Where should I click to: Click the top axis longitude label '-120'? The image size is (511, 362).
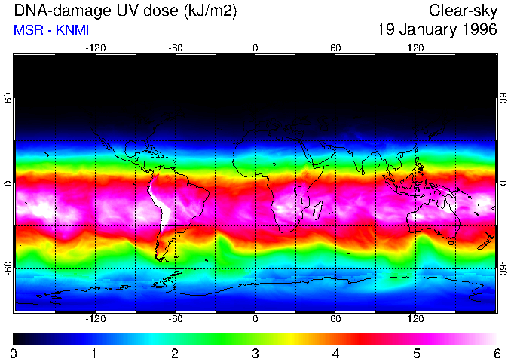coord(95,48)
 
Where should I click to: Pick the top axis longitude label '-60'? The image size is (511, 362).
coord(175,48)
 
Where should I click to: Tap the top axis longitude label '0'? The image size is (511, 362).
coord(255,48)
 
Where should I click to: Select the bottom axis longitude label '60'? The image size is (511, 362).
coord(335,319)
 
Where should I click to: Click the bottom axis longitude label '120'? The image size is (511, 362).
coord(415,319)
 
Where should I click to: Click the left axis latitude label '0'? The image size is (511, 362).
coord(8,183)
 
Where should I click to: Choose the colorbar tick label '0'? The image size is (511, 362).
coord(14,353)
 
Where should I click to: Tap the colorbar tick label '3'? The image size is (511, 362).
coord(255,353)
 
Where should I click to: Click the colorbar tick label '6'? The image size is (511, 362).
coord(496,353)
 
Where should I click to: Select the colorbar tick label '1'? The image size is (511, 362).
coord(94,353)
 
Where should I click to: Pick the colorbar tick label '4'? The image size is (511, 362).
coord(335,353)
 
